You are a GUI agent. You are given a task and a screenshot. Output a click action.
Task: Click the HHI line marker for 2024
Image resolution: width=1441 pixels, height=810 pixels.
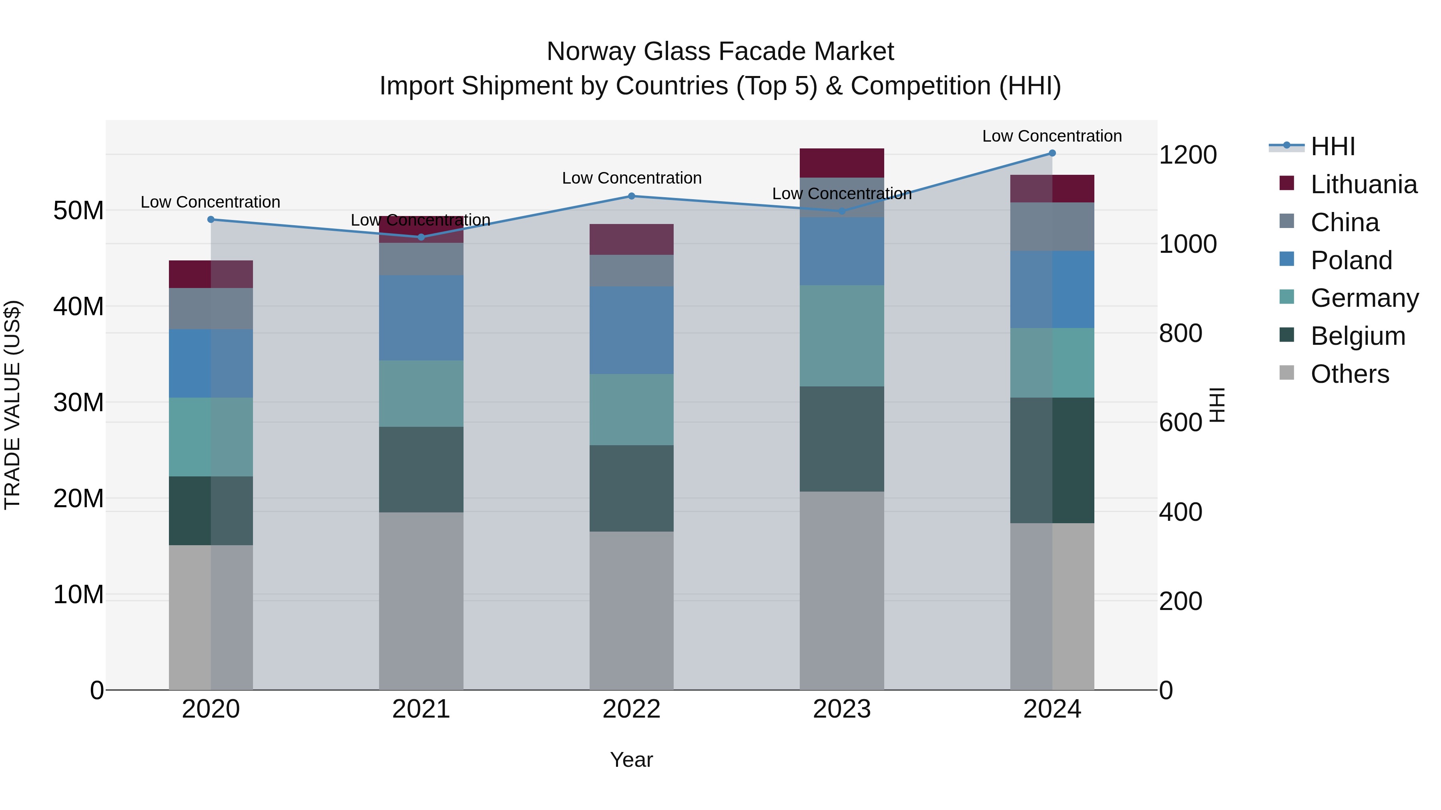pyautogui.click(x=1052, y=153)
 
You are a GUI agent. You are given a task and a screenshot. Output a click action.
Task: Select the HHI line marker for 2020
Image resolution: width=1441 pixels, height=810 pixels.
pyautogui.click(x=211, y=220)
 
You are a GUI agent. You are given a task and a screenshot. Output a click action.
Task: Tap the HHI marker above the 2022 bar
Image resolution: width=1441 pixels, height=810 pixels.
pyautogui.click(x=632, y=196)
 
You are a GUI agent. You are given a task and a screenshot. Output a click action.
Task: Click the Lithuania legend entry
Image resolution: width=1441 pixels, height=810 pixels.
pyautogui.click(x=1363, y=184)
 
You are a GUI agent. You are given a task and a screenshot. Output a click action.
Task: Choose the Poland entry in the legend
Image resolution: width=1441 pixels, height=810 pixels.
pyautogui.click(x=1351, y=260)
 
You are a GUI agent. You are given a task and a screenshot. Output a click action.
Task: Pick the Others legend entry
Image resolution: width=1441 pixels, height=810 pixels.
pyautogui.click(x=1349, y=374)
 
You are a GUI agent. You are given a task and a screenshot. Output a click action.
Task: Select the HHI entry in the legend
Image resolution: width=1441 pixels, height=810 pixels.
pyautogui.click(x=1333, y=146)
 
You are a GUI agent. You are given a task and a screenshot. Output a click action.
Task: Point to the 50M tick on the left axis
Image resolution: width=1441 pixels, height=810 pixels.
pyautogui.click(x=78, y=211)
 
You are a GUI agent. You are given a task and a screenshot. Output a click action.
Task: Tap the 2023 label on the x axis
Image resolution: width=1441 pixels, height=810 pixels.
pyautogui.click(x=842, y=709)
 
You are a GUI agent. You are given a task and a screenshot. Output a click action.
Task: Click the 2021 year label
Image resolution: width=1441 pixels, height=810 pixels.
pyautogui.click(x=421, y=709)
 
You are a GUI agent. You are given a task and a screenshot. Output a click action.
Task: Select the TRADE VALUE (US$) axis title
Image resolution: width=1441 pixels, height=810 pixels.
pyautogui.click(x=12, y=405)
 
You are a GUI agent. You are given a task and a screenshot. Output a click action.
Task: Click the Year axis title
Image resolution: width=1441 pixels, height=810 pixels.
pyautogui.click(x=632, y=760)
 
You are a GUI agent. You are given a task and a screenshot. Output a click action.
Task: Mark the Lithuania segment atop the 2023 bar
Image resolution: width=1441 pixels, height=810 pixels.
pyautogui.click(x=842, y=163)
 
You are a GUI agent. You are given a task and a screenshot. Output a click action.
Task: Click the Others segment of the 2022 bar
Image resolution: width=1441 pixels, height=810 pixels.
pyautogui.click(x=632, y=610)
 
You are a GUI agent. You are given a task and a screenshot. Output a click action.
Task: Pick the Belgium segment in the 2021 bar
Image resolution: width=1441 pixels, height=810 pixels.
pyautogui.click(x=421, y=470)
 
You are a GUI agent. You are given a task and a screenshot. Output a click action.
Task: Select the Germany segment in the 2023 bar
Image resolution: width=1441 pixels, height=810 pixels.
pyautogui.click(x=842, y=336)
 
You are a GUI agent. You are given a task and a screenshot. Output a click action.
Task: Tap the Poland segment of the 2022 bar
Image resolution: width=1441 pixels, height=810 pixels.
pyautogui.click(x=632, y=330)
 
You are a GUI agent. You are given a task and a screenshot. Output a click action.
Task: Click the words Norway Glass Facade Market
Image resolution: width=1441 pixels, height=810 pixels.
pyautogui.click(x=720, y=52)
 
